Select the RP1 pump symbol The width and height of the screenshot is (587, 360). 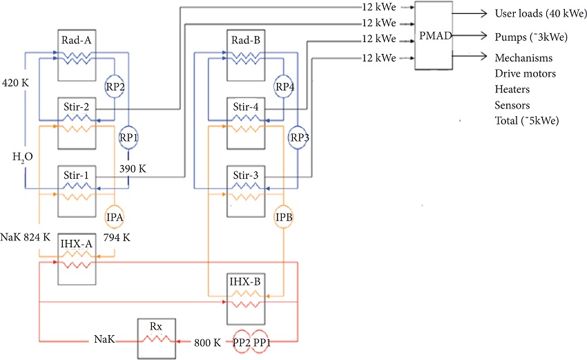[128, 137]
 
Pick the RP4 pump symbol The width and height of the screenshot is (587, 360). [284, 87]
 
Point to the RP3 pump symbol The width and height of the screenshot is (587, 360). [299, 137]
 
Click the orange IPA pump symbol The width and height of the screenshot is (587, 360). [115, 217]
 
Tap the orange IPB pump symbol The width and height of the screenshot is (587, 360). [284, 217]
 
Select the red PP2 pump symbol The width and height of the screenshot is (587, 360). [241, 341]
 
